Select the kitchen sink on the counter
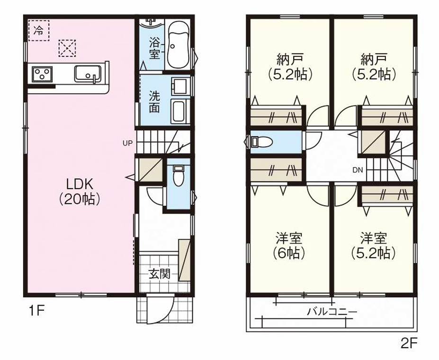[87, 74]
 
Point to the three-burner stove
[42, 75]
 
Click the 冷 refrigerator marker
[38, 31]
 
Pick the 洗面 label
[154, 101]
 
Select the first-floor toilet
[178, 176]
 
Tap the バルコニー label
[331, 312]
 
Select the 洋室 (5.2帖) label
[373, 245]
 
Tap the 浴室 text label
[154, 47]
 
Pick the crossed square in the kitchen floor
[67, 47]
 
